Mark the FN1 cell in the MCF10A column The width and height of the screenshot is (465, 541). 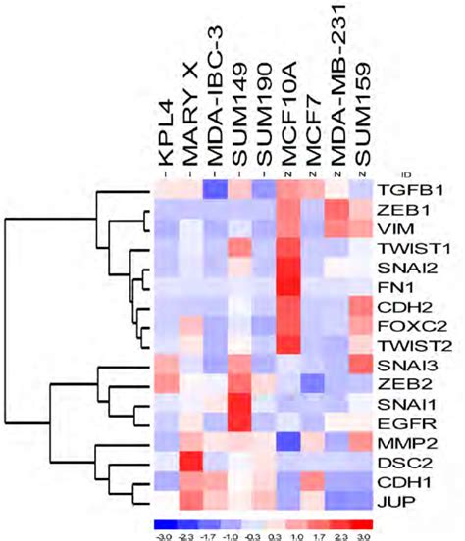pos(289,286)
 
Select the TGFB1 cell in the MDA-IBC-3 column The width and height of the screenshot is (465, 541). pos(215,189)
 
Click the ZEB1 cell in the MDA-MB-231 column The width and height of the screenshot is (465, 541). pos(338,210)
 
